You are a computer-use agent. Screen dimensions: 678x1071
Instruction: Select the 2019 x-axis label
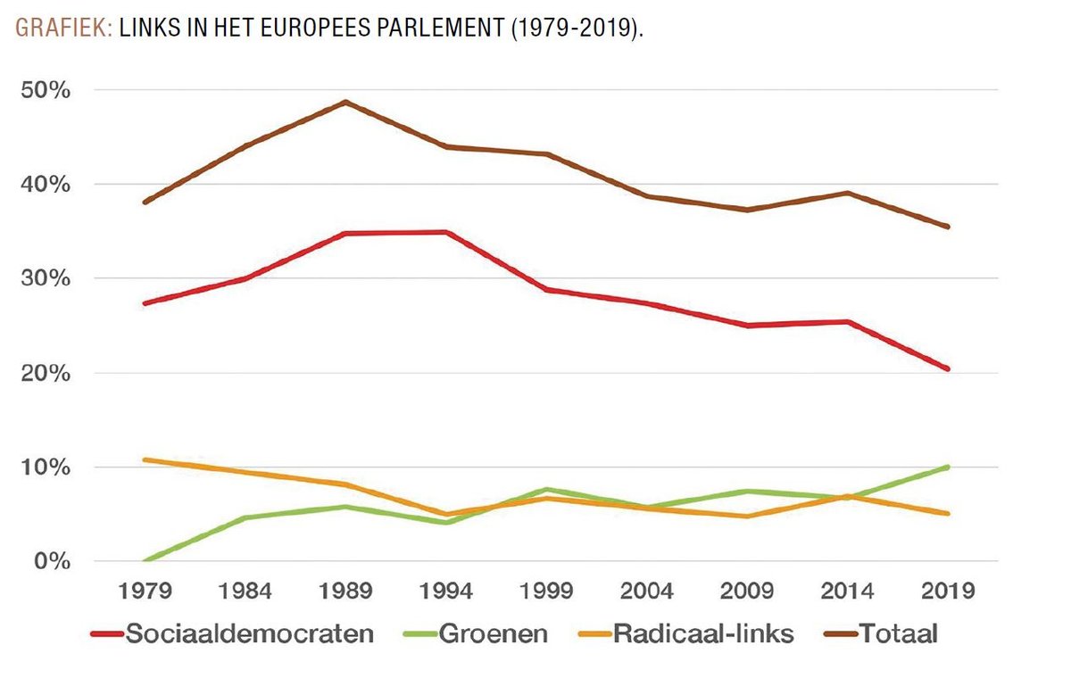coord(948,591)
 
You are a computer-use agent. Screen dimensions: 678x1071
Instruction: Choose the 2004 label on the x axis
coord(646,591)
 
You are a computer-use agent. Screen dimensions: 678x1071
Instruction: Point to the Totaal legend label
coord(899,634)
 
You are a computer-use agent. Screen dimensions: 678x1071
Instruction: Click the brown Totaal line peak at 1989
coord(345,102)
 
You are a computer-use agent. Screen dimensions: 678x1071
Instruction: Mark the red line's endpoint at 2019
coord(948,368)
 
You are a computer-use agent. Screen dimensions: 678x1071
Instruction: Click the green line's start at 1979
coord(144,561)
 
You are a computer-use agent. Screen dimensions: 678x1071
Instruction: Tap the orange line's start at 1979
coord(144,460)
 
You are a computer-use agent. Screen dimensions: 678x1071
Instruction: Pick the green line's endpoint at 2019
coord(948,467)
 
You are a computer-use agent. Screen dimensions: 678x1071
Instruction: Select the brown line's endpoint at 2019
coord(948,227)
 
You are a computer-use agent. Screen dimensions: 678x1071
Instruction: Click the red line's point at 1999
coord(545,290)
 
